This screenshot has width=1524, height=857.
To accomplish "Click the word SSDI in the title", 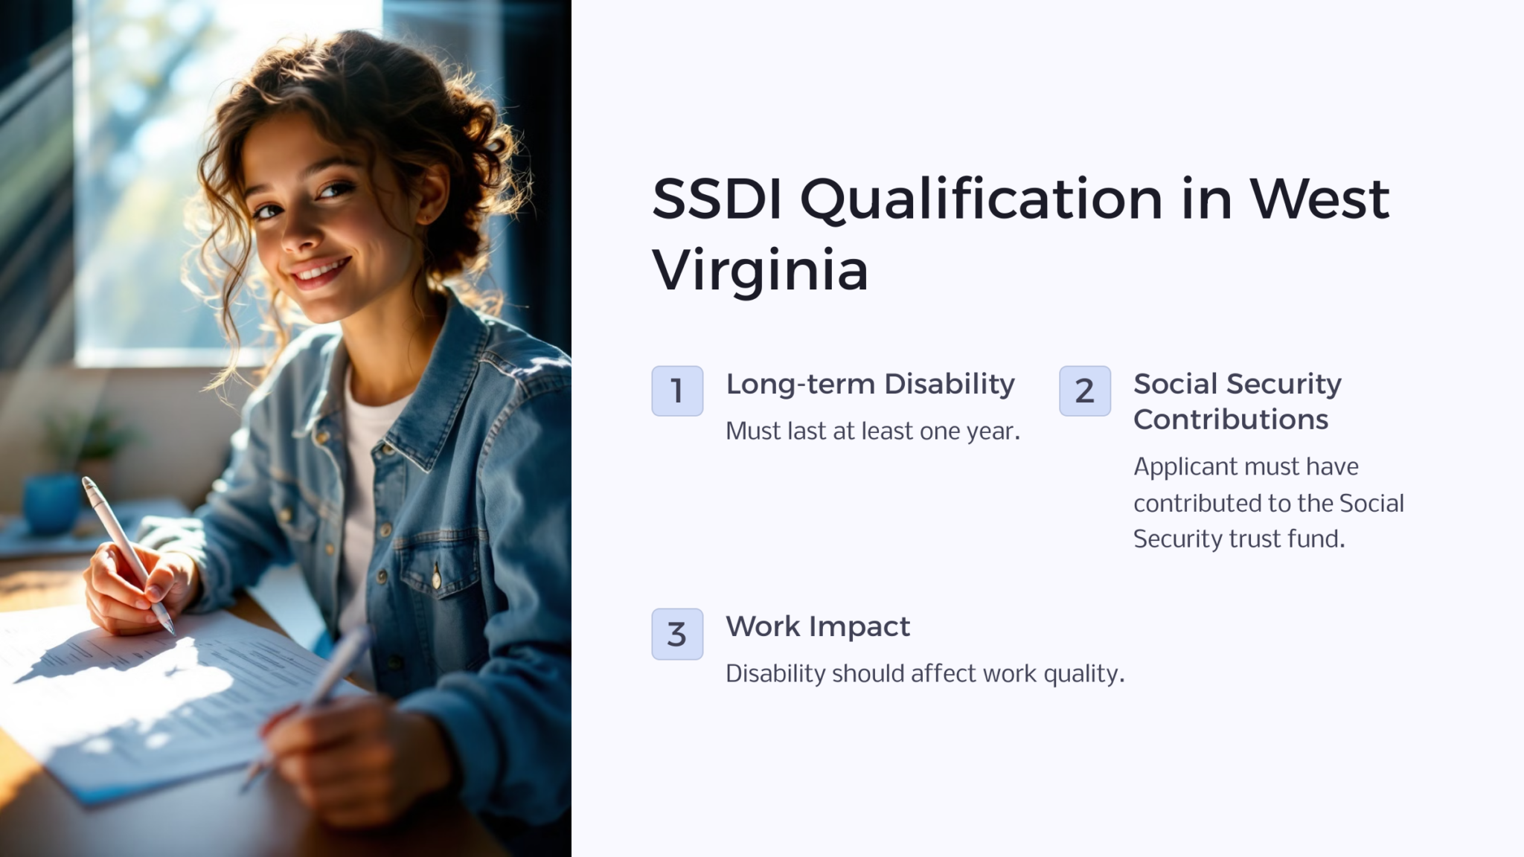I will [717, 199].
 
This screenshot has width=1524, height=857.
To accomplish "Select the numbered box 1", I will [677, 391].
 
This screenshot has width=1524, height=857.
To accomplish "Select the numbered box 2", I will [1084, 391].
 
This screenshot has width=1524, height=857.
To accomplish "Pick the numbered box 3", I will [677, 634].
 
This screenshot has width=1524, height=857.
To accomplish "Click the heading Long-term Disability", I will [870, 385].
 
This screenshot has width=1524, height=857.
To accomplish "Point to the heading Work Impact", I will [817, 627].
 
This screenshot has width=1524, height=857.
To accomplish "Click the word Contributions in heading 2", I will [1230, 420].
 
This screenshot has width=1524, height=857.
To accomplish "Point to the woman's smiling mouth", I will [321, 272].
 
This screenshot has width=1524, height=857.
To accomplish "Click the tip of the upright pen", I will [171, 629].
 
